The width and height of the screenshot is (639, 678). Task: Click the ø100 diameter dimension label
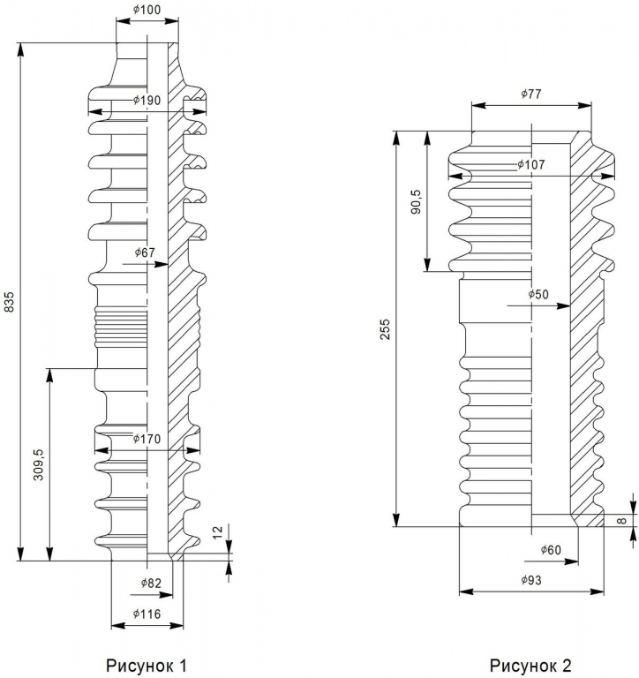(147, 10)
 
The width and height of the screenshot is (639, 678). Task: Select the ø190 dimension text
(147, 101)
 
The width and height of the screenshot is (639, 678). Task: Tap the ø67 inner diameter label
(145, 253)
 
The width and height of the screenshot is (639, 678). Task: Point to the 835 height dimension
(11, 302)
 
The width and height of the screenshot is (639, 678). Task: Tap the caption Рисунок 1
(147, 664)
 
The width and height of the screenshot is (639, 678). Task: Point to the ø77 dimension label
(530, 93)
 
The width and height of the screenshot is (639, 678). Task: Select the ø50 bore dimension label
(538, 294)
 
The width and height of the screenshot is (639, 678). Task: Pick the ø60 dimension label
(551, 550)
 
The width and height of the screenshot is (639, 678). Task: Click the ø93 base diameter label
(531, 580)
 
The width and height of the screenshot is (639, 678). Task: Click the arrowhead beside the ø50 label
(564, 306)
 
